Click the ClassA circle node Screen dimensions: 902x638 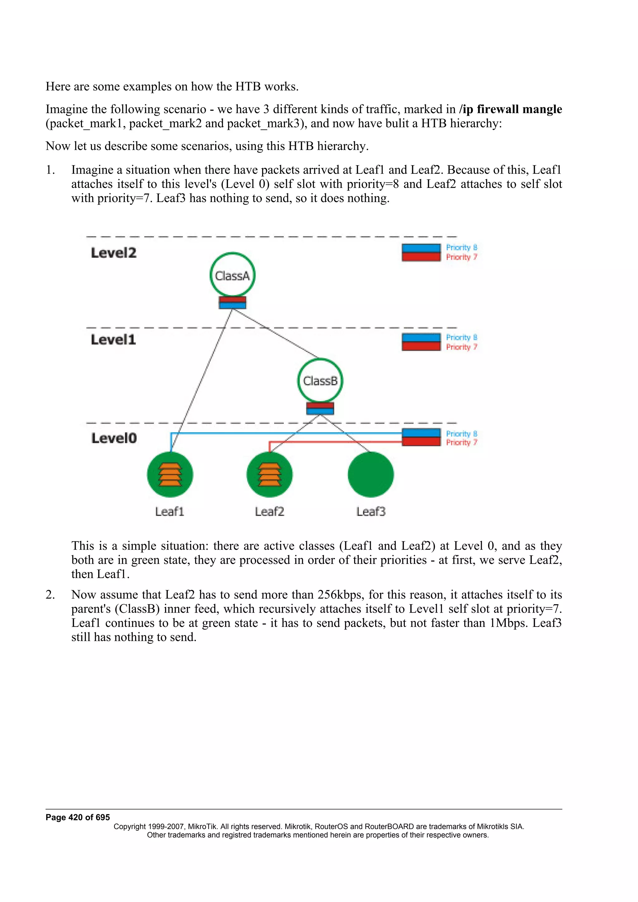point(232,275)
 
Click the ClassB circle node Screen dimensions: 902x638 point(320,380)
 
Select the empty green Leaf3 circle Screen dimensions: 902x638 point(370,474)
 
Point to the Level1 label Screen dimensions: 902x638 point(113,340)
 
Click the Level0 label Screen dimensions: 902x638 point(114,438)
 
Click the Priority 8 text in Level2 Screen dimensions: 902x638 point(461,247)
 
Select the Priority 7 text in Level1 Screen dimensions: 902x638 point(461,347)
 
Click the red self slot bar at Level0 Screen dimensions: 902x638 point(421,442)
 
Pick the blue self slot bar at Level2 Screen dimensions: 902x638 point(421,248)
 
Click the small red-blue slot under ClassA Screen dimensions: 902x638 point(232,303)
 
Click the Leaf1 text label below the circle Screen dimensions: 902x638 point(169,511)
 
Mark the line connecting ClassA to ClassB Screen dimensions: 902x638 point(275,334)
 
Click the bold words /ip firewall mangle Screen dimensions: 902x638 point(510,109)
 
